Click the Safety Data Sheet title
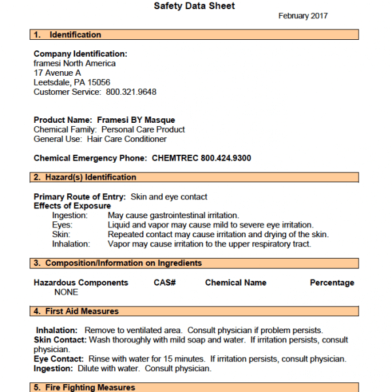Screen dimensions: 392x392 (194, 6)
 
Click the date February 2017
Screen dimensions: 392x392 (303, 16)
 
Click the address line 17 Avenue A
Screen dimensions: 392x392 (57, 73)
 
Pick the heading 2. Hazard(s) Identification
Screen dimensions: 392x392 (85, 177)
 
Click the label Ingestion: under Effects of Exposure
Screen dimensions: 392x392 (71, 216)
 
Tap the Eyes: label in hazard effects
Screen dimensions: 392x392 (63, 225)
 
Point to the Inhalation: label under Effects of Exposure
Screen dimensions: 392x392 (72, 244)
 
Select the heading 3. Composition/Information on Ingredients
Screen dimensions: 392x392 (118, 263)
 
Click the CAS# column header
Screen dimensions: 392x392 (165, 283)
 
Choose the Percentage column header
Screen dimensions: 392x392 (332, 283)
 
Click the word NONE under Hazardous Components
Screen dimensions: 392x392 (66, 292)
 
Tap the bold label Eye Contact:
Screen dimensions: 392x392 (59, 359)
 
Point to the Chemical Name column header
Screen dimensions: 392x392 (236, 283)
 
